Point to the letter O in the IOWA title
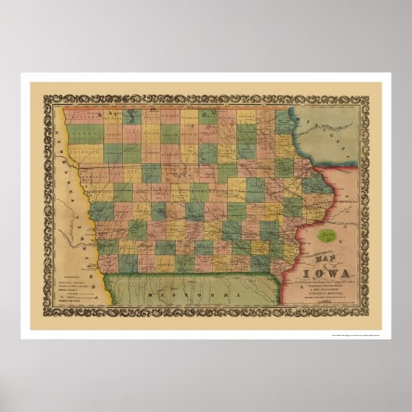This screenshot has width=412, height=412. coord(315,272)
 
